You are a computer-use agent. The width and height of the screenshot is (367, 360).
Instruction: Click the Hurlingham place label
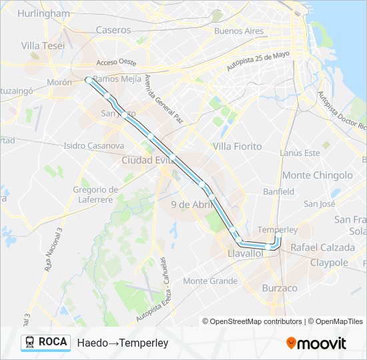(43, 13)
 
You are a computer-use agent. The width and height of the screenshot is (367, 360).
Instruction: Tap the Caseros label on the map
(113, 29)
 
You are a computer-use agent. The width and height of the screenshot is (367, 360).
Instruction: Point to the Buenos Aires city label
(239, 31)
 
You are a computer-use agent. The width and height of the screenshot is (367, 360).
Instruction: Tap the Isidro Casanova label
(93, 145)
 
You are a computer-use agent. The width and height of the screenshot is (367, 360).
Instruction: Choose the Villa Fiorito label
(237, 146)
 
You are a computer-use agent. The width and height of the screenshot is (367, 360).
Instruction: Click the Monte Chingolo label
(318, 175)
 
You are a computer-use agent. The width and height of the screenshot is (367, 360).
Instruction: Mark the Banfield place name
(278, 191)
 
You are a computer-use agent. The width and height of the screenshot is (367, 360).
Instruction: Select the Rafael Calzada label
(322, 247)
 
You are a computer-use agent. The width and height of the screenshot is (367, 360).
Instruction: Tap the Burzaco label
(280, 288)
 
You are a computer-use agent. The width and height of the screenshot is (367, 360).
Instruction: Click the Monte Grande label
(210, 281)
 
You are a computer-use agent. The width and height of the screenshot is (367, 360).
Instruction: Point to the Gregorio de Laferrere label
(95, 194)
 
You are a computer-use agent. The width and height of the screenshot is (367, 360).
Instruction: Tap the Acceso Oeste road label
(116, 63)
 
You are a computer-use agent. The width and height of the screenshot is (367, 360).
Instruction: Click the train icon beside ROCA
(29, 342)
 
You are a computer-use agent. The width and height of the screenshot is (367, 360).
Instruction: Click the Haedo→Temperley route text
(123, 343)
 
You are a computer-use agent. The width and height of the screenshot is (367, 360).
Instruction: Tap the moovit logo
(316, 343)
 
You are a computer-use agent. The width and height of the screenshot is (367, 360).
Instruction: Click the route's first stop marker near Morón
(88, 80)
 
